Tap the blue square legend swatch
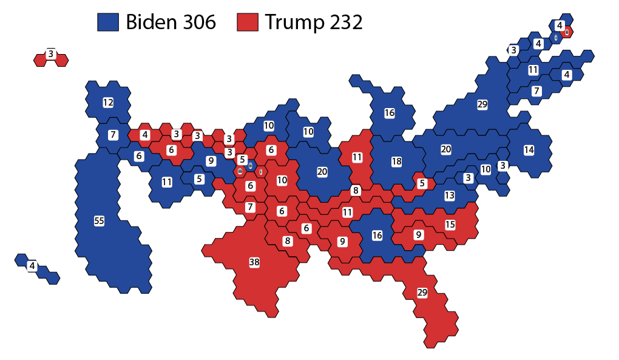108,22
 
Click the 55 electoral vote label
99,221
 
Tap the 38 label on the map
254,262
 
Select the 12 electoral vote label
108,103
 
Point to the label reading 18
397,161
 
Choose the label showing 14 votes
529,149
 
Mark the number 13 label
450,195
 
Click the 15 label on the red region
450,225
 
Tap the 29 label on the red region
422,293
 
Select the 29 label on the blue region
482,104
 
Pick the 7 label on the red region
250,208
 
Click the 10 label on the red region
282,180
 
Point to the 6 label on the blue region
139,156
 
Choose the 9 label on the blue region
211,161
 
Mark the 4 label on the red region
144,135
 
